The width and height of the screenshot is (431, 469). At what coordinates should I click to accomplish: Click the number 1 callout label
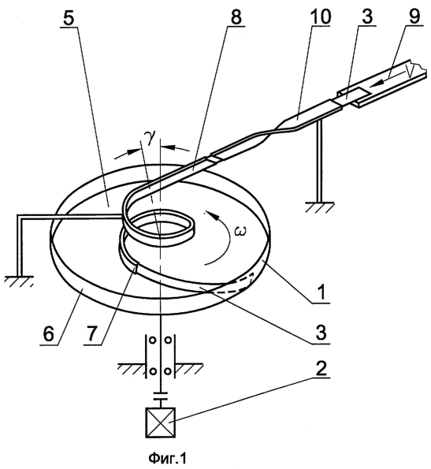point(321,292)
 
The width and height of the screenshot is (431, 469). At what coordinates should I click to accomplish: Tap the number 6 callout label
point(49,334)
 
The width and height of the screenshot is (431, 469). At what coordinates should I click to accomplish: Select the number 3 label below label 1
point(321,333)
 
